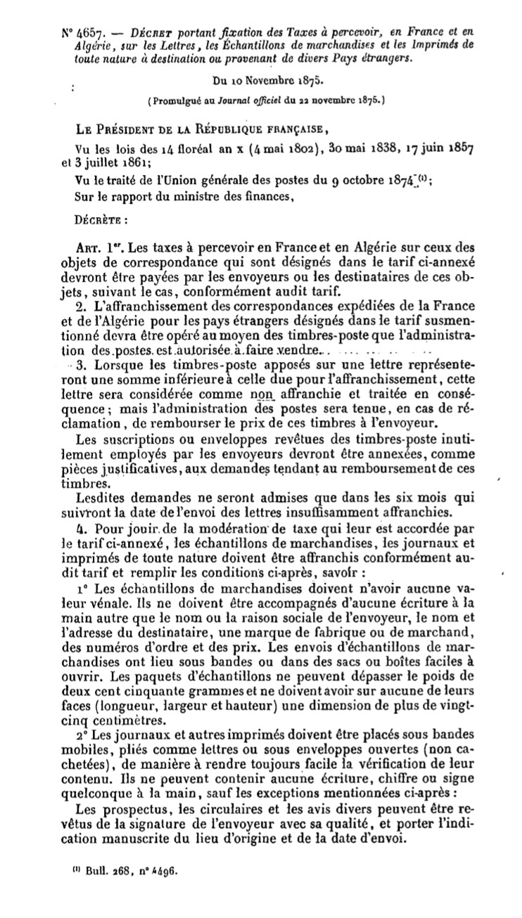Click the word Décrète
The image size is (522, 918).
(98, 217)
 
